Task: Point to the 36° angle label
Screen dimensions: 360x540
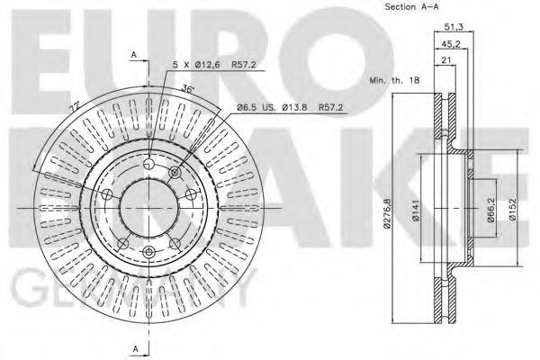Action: [187, 88]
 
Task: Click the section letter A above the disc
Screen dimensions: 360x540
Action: [133, 56]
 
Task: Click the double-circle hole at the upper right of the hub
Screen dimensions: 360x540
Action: [175, 171]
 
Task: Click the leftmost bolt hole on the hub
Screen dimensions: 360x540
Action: [107, 194]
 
